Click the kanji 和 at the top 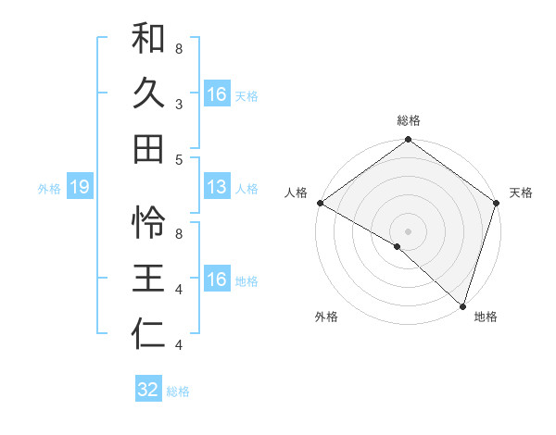[148, 40]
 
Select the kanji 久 [148, 93]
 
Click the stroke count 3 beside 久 [179, 106]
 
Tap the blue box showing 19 [80, 188]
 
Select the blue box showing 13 [217, 188]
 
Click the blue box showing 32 [148, 390]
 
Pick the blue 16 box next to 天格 [217, 94]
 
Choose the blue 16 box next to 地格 [217, 280]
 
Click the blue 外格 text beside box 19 [49, 189]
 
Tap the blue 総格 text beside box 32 [178, 391]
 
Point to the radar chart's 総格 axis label [408, 120]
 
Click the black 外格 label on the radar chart [326, 317]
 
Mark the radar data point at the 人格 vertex [320, 203]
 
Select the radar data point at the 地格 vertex [462, 305]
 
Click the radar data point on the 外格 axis [398, 246]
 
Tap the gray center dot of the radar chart [408, 230]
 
